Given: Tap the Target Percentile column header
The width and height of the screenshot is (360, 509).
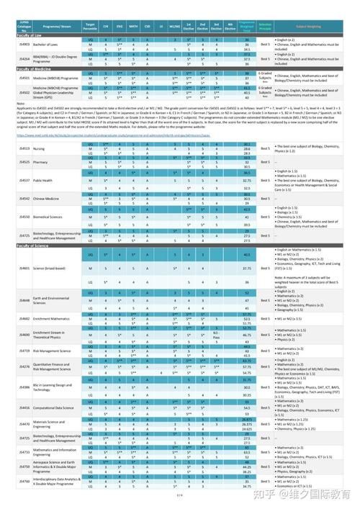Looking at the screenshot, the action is (x=91, y=25).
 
